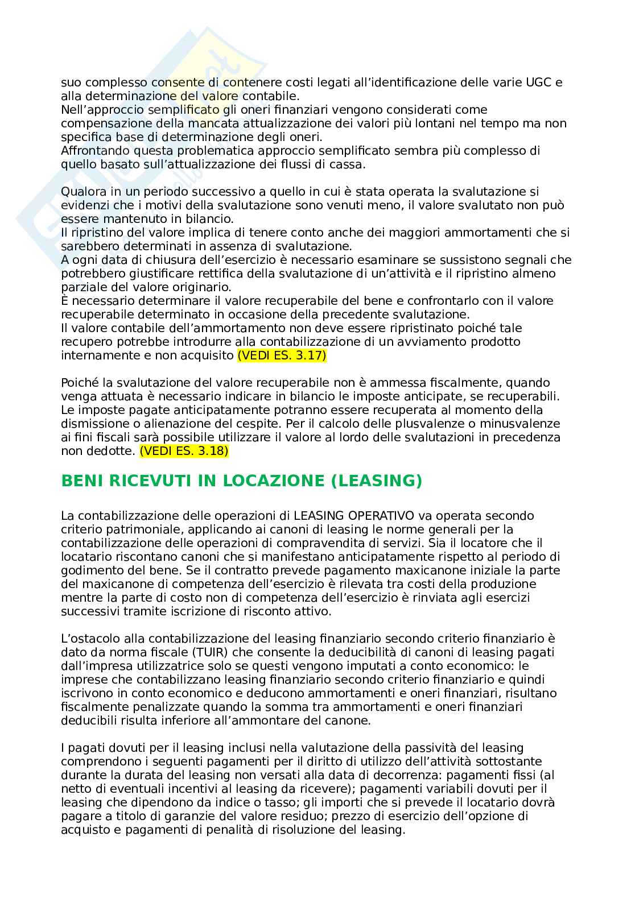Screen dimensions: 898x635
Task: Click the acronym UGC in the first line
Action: click(531, 82)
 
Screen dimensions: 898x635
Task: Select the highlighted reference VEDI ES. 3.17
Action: click(282, 355)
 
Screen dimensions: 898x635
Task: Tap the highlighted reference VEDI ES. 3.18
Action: click(183, 451)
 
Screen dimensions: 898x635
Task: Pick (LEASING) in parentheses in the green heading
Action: click(377, 481)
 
